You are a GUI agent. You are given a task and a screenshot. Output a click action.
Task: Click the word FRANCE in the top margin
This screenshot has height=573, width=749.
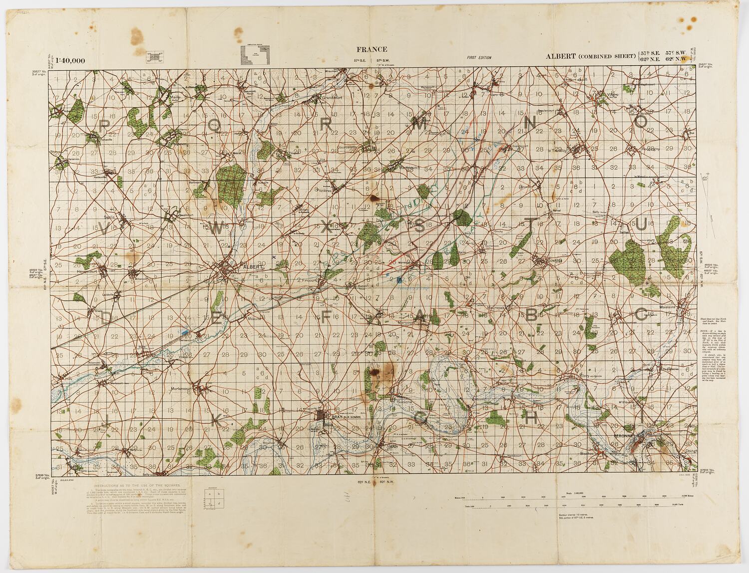coord(372,49)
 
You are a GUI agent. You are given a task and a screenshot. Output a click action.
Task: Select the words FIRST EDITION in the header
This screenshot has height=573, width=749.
coord(479,58)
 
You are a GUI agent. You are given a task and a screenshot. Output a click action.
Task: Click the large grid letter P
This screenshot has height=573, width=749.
coord(105,125)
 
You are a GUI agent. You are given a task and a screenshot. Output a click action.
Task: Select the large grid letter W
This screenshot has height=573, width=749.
coord(218,227)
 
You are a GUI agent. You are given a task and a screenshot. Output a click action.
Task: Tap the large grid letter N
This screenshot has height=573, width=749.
coord(531,122)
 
